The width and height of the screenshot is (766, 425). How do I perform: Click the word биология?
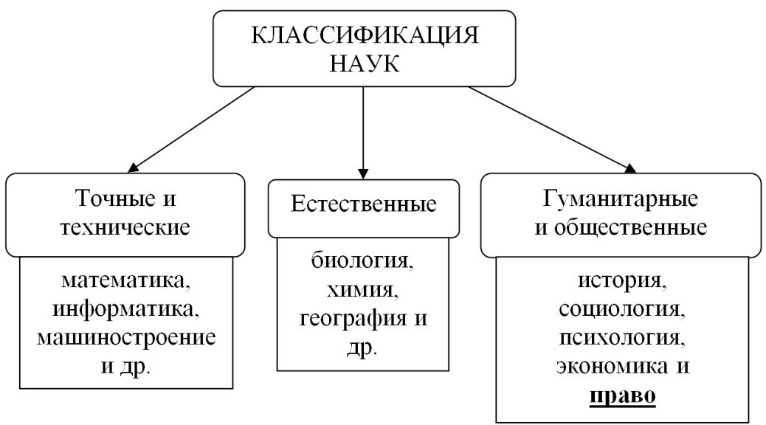(x=362, y=263)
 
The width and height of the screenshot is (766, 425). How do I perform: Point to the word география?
(x=353, y=319)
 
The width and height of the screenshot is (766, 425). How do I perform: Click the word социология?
(x=621, y=310)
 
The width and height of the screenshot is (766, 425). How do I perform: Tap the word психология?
(x=621, y=339)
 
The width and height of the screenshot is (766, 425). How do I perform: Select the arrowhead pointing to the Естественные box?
(x=363, y=167)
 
